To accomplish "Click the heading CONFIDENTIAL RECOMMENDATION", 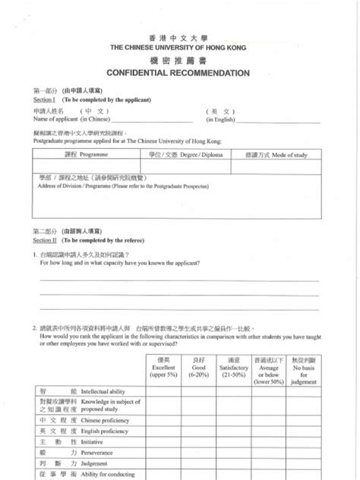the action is [x=179, y=74].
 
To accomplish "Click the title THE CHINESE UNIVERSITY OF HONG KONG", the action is [x=179, y=46].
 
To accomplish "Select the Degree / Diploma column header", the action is [x=183, y=155].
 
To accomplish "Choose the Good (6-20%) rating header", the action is [x=200, y=369].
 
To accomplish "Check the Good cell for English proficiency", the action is [x=200, y=431].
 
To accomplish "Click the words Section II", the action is [x=44, y=238].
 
